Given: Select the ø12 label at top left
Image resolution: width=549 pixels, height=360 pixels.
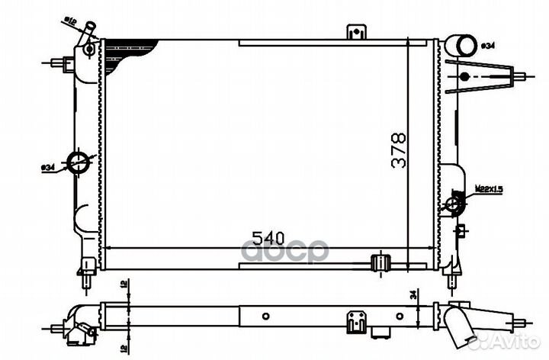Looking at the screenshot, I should pos(69,20).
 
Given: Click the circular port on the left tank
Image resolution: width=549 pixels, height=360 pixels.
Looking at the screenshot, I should pos(79,162).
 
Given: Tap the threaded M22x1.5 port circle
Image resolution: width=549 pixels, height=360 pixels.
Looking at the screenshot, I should pos(455,204).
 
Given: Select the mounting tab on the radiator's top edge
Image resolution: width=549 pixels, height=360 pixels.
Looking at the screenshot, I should pos(353,33).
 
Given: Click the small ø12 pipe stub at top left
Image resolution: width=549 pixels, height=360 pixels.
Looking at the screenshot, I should pos(90,29).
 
